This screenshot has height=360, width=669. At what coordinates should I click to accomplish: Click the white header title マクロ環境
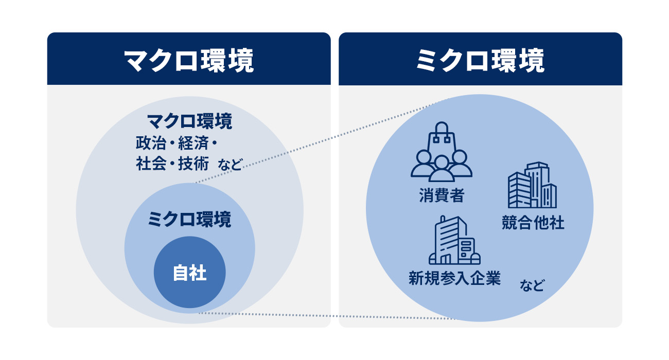[x=189, y=61]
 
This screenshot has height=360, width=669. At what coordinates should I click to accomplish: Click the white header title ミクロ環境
[x=480, y=61]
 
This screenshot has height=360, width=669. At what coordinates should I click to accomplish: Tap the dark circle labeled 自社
[x=189, y=273]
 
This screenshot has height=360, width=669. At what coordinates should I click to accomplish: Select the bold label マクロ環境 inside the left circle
[x=189, y=122]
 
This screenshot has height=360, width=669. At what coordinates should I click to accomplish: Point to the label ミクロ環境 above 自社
[x=189, y=220]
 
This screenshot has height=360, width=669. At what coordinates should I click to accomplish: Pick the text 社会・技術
[x=172, y=164]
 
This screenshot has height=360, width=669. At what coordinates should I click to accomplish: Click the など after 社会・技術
[x=230, y=166]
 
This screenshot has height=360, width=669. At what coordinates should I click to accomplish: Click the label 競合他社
[x=533, y=223]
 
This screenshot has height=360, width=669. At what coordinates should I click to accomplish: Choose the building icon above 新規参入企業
[x=454, y=240]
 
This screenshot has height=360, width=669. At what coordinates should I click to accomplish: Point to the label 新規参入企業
[x=454, y=279]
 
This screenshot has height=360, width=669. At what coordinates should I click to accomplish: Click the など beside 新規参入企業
[x=532, y=285]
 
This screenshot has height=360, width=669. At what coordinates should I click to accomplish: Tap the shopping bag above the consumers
[x=441, y=135]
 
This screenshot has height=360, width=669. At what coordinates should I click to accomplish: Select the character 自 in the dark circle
[x=181, y=273]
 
